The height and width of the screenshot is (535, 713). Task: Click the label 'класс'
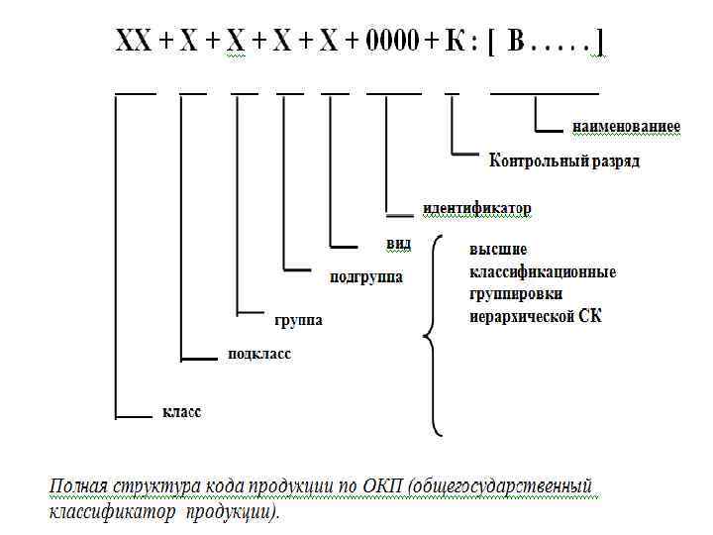[x=181, y=411]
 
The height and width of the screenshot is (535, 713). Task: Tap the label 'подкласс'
[x=259, y=354]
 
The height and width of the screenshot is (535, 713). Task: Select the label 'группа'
[x=298, y=321]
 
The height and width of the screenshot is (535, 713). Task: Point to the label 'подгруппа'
[x=366, y=276]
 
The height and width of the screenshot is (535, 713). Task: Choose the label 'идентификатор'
[x=476, y=209]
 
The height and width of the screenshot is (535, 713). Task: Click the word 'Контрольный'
[x=537, y=160]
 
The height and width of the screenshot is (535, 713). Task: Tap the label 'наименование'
[x=626, y=127]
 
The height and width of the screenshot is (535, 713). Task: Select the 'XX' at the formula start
[x=134, y=43]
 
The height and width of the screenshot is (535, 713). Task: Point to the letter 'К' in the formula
[x=455, y=43]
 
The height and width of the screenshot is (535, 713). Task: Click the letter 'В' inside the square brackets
[x=516, y=43]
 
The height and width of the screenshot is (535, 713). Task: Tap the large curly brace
[x=433, y=337]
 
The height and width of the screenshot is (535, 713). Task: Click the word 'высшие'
[x=498, y=250]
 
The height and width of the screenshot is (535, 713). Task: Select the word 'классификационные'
[x=543, y=271]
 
